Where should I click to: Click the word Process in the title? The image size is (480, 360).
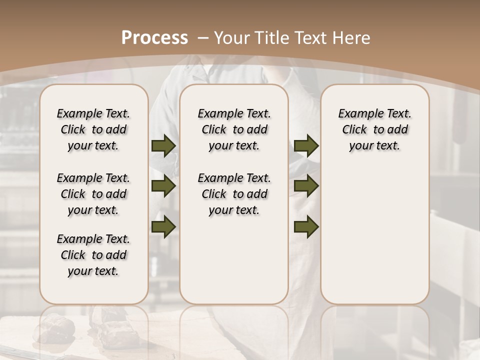click(155, 38)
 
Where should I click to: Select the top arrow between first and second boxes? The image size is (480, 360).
click(163, 146)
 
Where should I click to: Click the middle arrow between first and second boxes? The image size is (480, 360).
click(163, 186)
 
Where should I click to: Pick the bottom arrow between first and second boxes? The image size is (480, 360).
click(163, 226)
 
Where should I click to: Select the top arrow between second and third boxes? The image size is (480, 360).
click(306, 146)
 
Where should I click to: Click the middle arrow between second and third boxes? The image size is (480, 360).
click(306, 186)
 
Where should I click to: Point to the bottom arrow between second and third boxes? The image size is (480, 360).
click(306, 226)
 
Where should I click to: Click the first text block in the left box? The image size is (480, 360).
click(93, 129)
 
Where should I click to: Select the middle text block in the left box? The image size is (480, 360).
click(93, 194)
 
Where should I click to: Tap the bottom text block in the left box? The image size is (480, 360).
click(93, 255)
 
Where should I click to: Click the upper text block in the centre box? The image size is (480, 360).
click(234, 129)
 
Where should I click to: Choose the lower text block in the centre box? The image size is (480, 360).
click(234, 194)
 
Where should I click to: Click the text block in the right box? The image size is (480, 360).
click(374, 129)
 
